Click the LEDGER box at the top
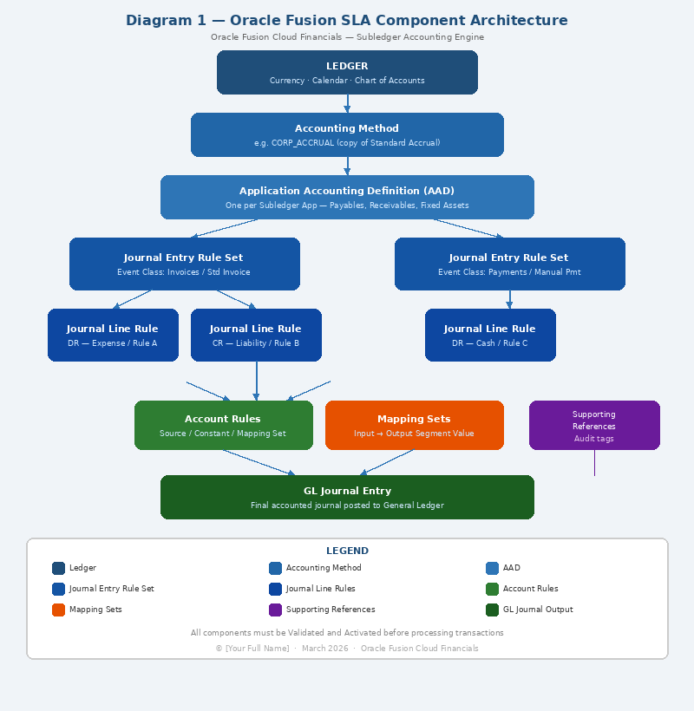coord(347,72)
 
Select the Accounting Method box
coord(347,134)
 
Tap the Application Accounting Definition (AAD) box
coord(347,197)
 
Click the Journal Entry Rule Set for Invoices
coord(184,264)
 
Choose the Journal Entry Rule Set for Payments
coord(509,264)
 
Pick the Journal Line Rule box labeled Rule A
coord(113,335)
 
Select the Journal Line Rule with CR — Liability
coord(256,335)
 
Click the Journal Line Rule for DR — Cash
coord(490,335)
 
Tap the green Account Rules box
coord(223,425)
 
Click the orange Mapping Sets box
coord(414,425)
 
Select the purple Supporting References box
coord(594,425)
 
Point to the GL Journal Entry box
coord(347,497)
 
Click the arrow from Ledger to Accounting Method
coord(347,103)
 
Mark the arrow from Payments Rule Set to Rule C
coord(509,299)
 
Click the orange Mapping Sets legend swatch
coord(58,610)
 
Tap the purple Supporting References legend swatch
coord(275,610)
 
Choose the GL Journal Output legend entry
coord(529,610)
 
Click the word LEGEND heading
coord(347,551)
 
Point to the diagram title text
coord(347,21)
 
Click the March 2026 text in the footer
coord(325,649)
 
